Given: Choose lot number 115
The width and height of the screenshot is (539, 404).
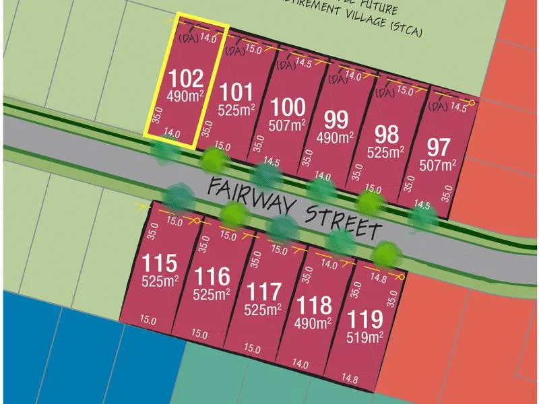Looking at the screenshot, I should coord(159,263).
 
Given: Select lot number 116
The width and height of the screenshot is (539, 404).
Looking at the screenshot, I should coord(212,277).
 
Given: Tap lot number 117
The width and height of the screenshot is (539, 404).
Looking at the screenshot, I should coord(263,293).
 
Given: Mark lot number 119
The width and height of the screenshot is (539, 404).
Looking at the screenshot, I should coord(365,318).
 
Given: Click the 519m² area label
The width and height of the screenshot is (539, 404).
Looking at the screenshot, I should coord(364,336).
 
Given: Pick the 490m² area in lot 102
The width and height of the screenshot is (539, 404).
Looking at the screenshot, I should coord(185,96).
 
